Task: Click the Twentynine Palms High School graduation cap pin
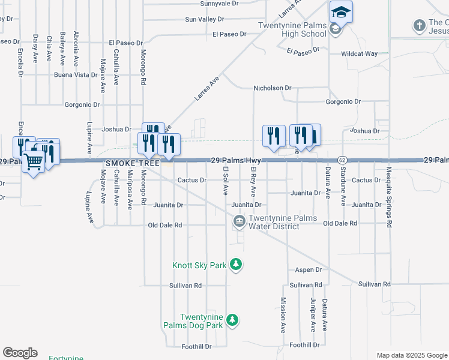(x=341, y=11)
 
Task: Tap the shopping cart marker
(x=34, y=160)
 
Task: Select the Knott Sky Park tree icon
(x=237, y=265)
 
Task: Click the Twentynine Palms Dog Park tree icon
(x=232, y=321)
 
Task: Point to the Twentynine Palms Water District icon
(x=239, y=222)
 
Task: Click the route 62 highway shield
(x=342, y=160)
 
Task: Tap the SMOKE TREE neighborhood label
(x=127, y=163)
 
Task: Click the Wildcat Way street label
(x=359, y=54)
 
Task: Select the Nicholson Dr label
(x=272, y=88)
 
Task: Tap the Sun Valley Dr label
(x=204, y=19)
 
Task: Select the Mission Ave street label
(x=283, y=316)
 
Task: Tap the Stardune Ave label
(x=343, y=187)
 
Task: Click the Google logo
(x=20, y=353)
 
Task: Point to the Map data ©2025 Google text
(x=411, y=355)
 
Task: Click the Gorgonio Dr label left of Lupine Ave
(x=82, y=104)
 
